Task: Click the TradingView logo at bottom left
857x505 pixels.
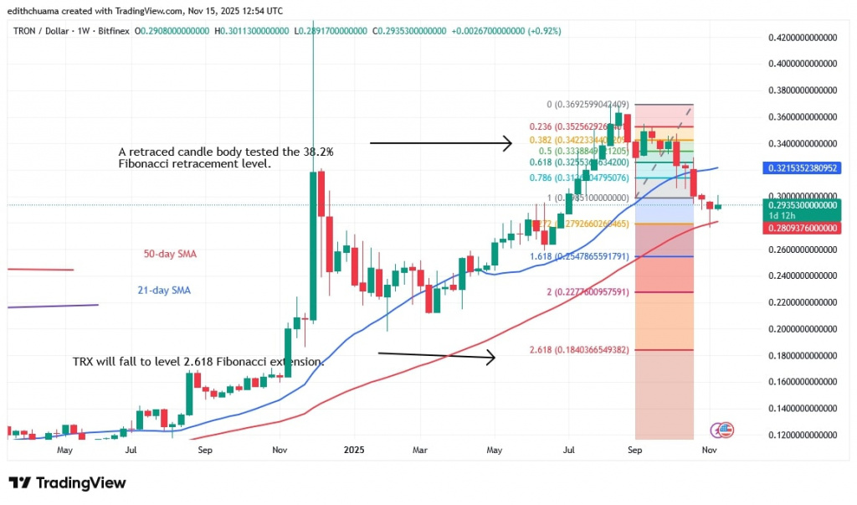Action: pyautogui.click(x=67, y=482)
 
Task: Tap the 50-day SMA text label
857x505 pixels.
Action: pyautogui.click(x=170, y=253)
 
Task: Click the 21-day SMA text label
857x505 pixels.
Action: pyautogui.click(x=164, y=291)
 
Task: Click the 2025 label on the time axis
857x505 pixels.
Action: pyautogui.click(x=352, y=449)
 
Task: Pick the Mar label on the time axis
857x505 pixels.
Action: pyautogui.click(x=421, y=449)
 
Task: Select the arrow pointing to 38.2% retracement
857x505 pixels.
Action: pyautogui.click(x=440, y=144)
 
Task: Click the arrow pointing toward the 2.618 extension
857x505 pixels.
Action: pyautogui.click(x=436, y=356)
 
